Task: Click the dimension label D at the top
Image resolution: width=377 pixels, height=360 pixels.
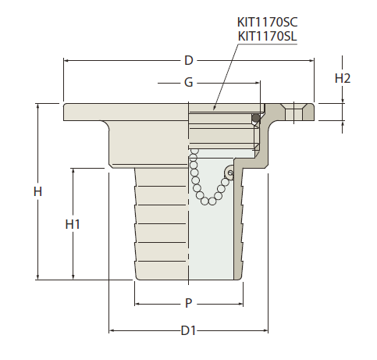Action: [189, 60]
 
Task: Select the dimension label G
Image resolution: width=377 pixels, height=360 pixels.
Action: [189, 83]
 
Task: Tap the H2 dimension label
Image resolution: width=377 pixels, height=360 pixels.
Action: [343, 78]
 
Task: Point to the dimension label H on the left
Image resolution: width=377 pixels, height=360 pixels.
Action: [37, 191]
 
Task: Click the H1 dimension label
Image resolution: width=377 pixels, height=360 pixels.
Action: [73, 224]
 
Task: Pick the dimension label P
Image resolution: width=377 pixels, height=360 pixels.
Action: [189, 303]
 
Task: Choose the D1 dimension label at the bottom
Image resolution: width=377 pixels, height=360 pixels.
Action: [188, 330]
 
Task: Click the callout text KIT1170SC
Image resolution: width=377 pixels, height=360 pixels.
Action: [267, 22]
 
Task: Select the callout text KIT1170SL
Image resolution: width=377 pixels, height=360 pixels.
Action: [267, 36]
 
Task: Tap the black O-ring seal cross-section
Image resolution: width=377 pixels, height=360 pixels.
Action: [256, 118]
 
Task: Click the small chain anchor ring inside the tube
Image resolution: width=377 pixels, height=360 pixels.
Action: [230, 173]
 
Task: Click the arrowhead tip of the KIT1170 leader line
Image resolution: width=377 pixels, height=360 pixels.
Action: [214, 110]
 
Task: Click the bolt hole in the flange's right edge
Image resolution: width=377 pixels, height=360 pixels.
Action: [293, 112]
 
